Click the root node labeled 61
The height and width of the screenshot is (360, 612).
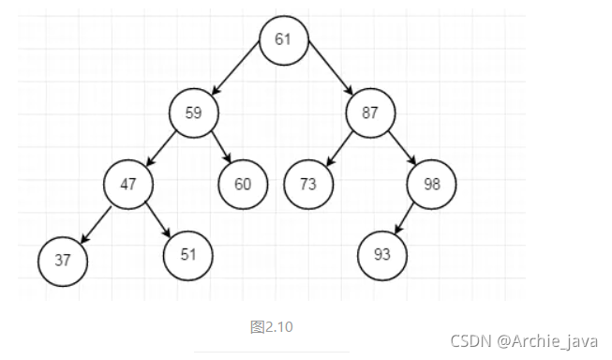pyautogui.click(x=283, y=39)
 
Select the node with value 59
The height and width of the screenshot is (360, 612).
pyautogui.click(x=194, y=113)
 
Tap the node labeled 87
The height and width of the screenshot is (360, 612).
pyautogui.click(x=371, y=113)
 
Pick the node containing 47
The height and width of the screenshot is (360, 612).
pyautogui.click(x=128, y=184)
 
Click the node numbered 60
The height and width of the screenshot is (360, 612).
pyautogui.click(x=243, y=184)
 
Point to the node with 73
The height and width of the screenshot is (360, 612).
pyautogui.click(x=308, y=184)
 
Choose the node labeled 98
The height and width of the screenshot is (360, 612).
pyautogui.click(x=431, y=184)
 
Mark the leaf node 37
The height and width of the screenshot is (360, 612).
pyautogui.click(x=63, y=260)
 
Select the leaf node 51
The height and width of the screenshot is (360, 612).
pyautogui.click(x=188, y=252)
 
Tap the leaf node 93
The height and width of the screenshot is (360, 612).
pyautogui.click(x=381, y=253)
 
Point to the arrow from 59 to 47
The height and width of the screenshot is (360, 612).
pyautogui.click(x=161, y=148)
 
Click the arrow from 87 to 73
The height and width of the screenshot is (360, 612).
pyautogui.click(x=339, y=149)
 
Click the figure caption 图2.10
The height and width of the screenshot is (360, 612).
pyautogui.click(x=272, y=327)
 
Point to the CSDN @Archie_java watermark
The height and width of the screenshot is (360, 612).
pyautogui.click(x=524, y=341)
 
